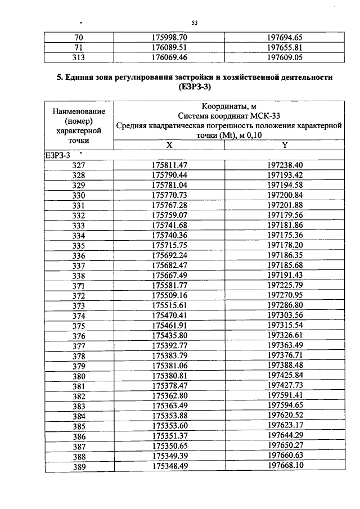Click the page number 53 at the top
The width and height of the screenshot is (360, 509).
(195, 22)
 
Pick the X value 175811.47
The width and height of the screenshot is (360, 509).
(169, 165)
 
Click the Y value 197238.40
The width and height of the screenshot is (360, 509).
(285, 165)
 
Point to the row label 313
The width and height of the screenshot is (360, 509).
(79, 57)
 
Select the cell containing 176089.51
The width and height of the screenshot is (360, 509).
(169, 47)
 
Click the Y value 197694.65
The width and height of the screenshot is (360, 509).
(285, 37)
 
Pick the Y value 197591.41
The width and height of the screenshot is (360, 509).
(285, 396)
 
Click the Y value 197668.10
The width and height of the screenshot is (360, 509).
(285, 466)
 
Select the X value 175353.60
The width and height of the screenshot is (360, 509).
(169, 426)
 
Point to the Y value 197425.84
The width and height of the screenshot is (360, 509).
(285, 376)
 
